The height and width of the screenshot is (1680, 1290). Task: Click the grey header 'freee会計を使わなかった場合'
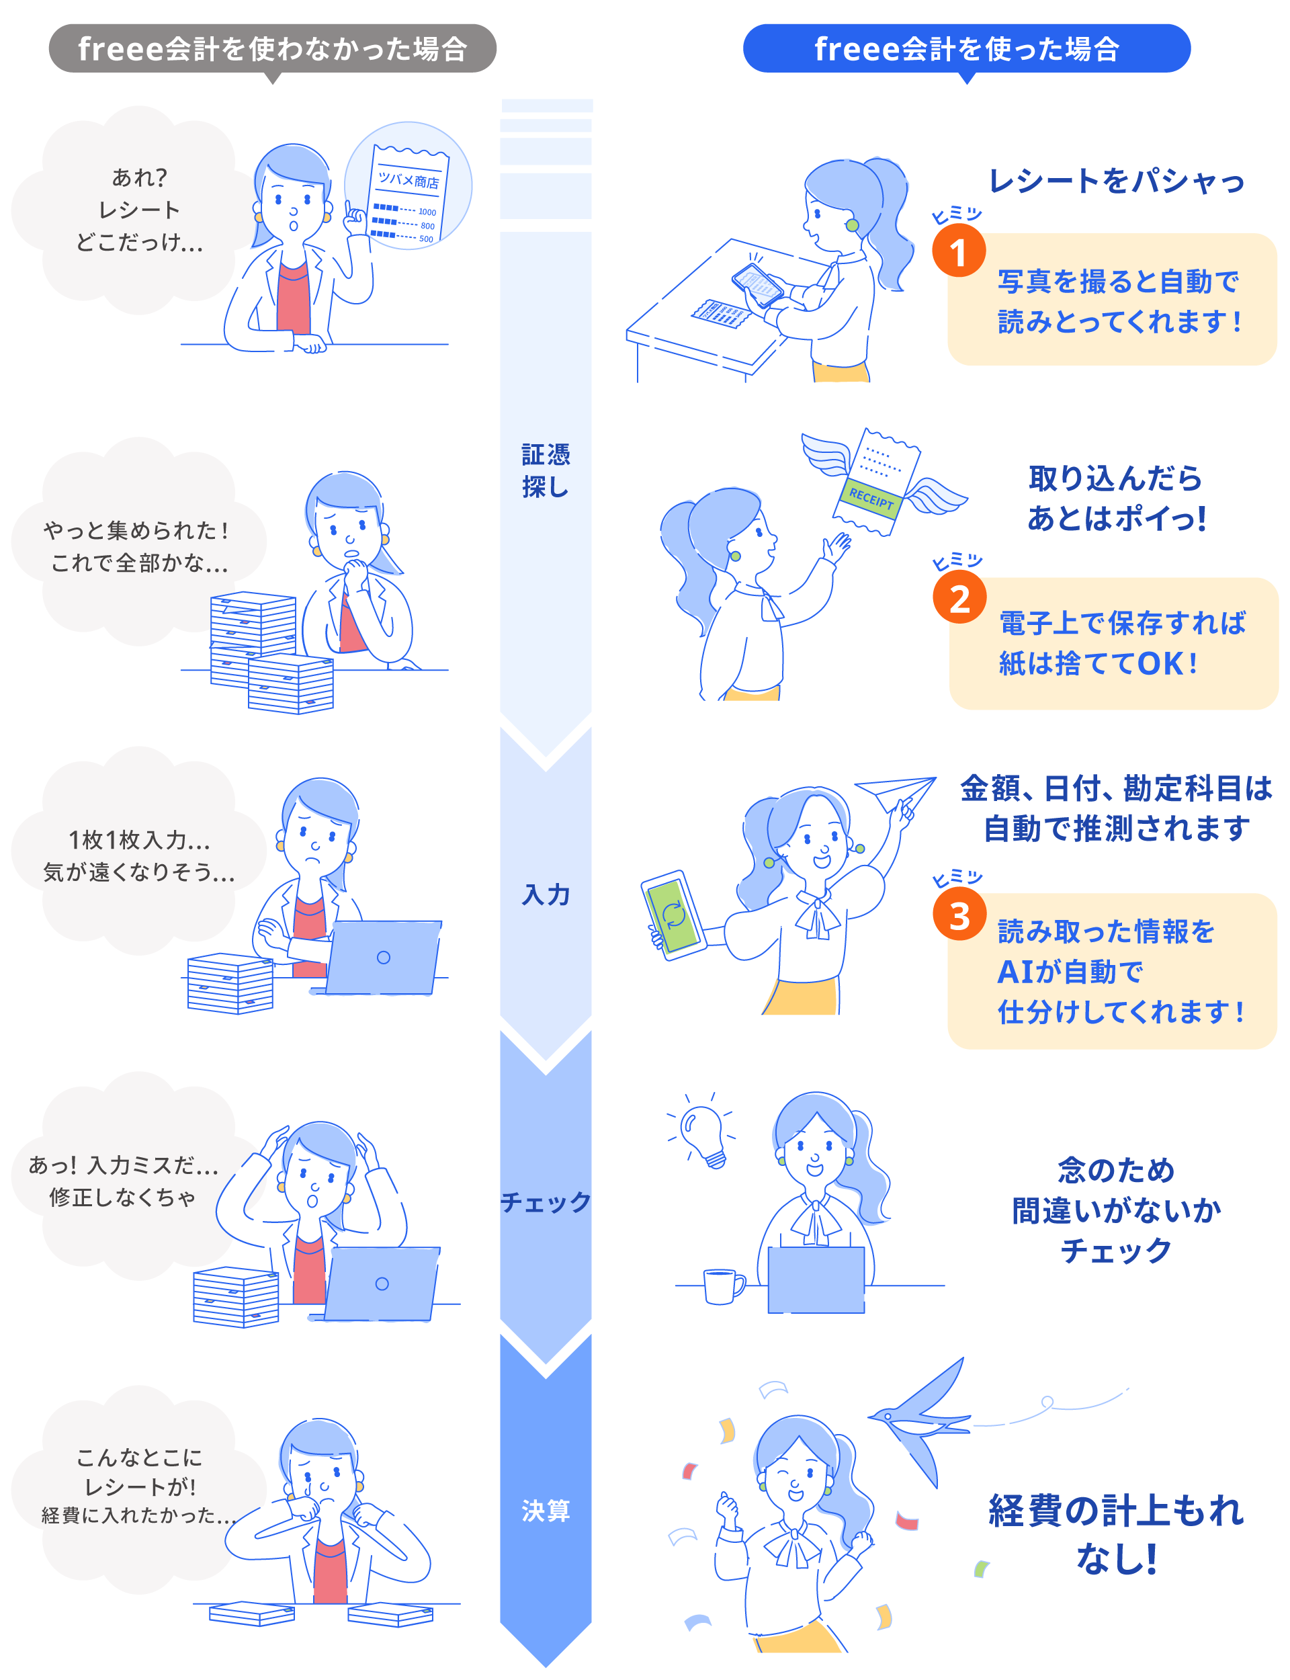tap(272, 48)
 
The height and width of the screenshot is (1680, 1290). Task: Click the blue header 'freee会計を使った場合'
tap(966, 48)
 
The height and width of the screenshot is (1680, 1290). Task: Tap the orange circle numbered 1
tap(958, 251)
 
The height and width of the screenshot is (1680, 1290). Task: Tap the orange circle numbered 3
tap(959, 915)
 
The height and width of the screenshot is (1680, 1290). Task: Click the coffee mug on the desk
tap(722, 1286)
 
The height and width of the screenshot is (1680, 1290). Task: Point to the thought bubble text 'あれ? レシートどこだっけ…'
tap(139, 210)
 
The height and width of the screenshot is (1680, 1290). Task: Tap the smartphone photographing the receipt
tap(757, 285)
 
